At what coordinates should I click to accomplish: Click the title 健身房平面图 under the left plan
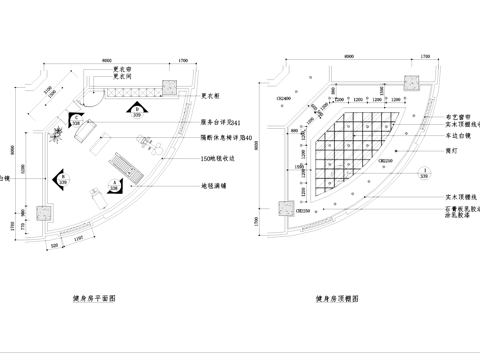point(97,299)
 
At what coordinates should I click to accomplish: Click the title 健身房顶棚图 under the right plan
point(337,299)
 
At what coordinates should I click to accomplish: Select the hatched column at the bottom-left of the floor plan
point(43,211)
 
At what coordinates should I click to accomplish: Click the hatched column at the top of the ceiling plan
point(411,82)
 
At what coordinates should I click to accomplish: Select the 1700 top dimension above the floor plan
point(182,61)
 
